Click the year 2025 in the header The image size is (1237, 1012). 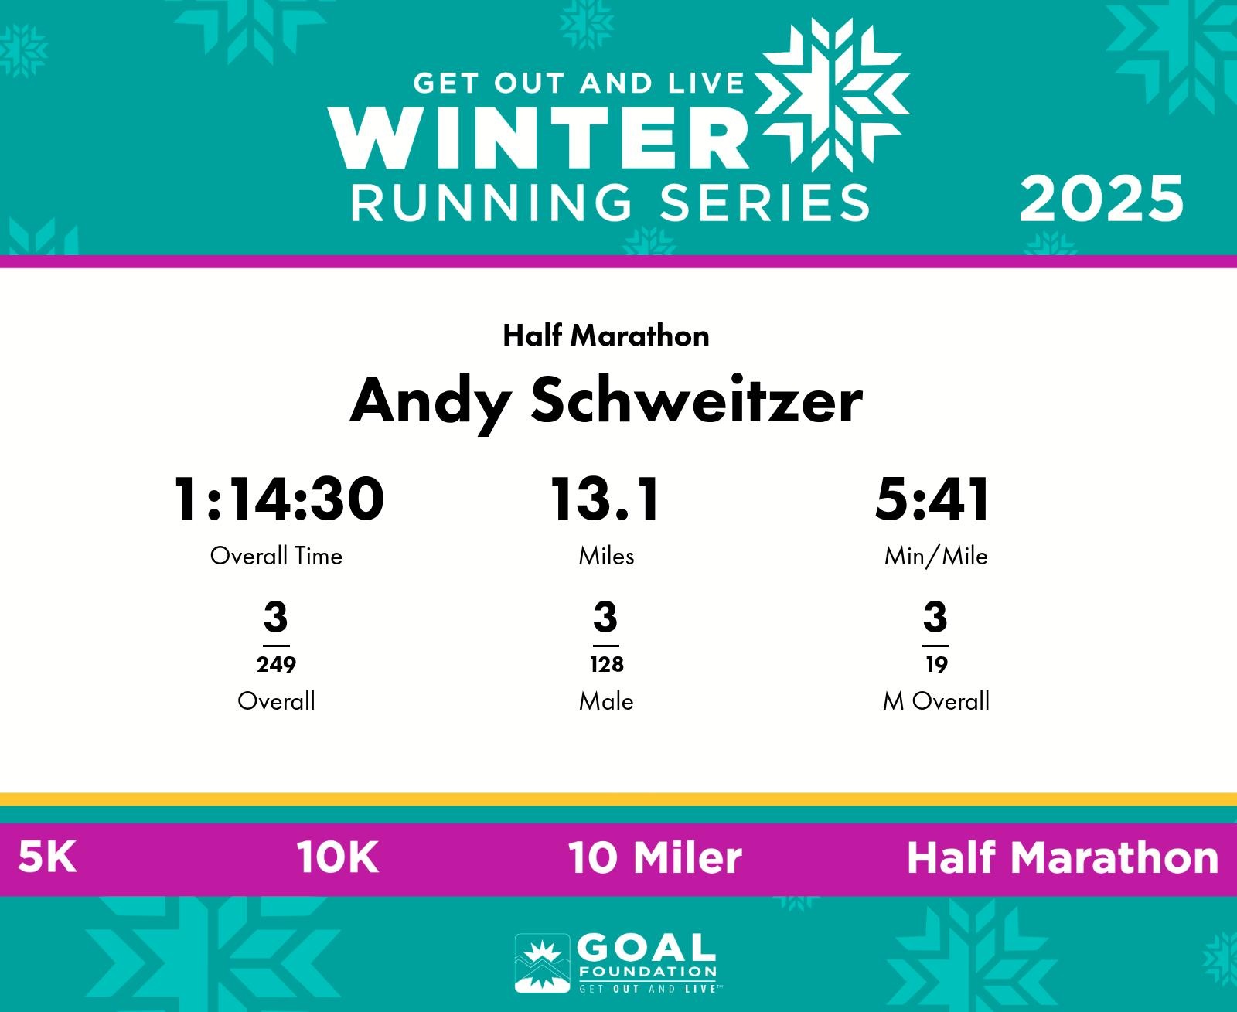click(x=1101, y=200)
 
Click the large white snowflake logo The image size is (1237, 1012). click(x=832, y=95)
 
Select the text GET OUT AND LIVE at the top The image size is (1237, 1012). click(x=578, y=83)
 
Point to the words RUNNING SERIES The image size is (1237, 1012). click(x=609, y=203)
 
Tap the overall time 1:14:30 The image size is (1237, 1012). click(x=278, y=499)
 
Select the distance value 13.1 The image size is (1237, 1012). click(x=605, y=499)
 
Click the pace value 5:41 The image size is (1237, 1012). click(x=932, y=499)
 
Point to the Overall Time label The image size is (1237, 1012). click(x=276, y=556)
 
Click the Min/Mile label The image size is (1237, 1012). click(x=935, y=556)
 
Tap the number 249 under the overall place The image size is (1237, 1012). click(x=276, y=664)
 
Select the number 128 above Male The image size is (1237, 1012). click(x=606, y=664)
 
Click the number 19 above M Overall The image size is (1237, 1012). click(x=937, y=664)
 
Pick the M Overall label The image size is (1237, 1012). click(x=936, y=701)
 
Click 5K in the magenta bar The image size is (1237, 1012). click(x=47, y=857)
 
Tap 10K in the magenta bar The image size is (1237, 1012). click(x=337, y=857)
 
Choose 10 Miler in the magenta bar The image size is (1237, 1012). click(x=655, y=857)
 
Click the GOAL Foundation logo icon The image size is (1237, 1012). click(x=542, y=963)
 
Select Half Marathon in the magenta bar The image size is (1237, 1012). click(x=1063, y=857)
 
